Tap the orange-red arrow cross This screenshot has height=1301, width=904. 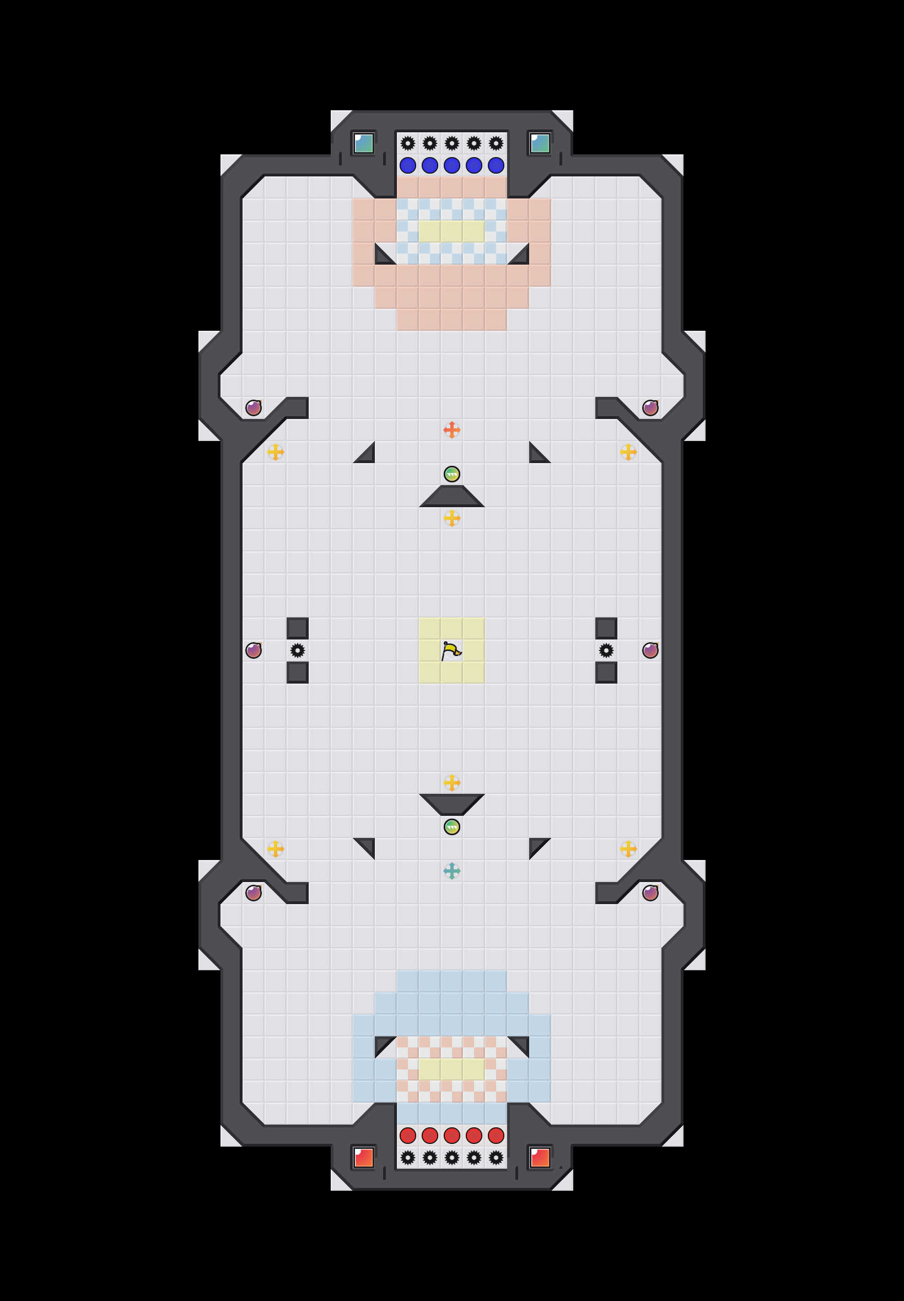451,430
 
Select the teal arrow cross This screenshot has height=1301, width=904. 451,870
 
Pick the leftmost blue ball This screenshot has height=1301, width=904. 408,165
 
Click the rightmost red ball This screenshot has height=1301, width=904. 496,1135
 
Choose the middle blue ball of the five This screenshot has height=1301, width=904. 451,165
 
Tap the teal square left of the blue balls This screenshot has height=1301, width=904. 364,143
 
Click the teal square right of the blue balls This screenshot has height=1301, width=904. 540,143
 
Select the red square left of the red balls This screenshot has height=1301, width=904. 364,1157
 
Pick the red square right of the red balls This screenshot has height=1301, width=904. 540,1157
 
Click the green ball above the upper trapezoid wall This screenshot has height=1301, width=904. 451,474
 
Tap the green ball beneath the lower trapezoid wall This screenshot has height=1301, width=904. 451,827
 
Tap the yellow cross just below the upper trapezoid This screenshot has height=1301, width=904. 451,518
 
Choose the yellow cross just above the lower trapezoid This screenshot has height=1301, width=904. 451,783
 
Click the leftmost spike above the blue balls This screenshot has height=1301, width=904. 408,143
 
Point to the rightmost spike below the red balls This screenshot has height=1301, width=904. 496,1157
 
